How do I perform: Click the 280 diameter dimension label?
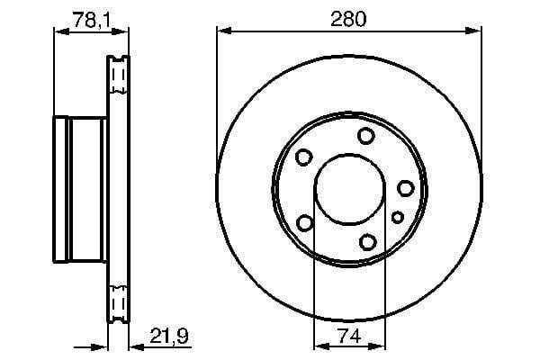click(348, 19)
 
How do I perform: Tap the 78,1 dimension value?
click(92, 21)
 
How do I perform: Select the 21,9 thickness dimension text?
click(169, 336)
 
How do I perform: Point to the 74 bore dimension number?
click(349, 336)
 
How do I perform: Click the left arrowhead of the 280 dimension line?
click(224, 31)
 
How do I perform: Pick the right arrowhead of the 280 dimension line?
click(474, 31)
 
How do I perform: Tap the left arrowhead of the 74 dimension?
click(321, 346)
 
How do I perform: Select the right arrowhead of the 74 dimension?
click(378, 346)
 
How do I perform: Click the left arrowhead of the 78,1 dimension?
click(61, 32)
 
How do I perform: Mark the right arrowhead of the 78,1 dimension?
click(121, 32)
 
